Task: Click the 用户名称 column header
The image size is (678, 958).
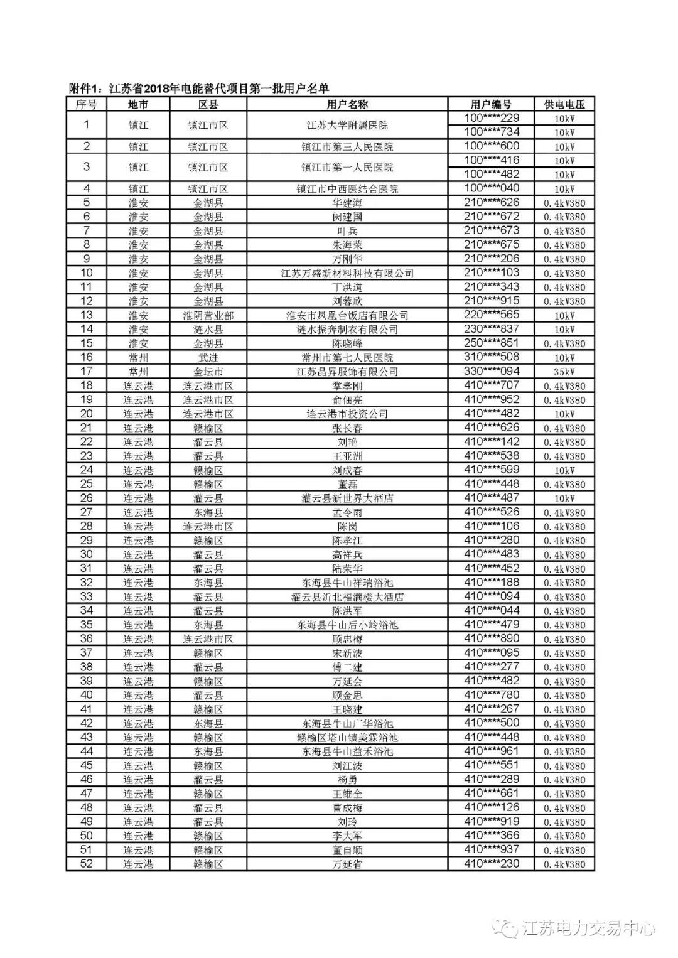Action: pos(347,105)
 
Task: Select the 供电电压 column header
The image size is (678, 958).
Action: pos(564,105)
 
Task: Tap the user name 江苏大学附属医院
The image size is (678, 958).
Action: pos(347,126)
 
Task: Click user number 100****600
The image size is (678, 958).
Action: pos(491,146)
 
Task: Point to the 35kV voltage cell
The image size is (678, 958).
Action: pos(564,372)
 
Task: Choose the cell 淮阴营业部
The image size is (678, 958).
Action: pos(208,315)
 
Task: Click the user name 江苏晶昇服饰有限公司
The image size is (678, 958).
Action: pos(347,372)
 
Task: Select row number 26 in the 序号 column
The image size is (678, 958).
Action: pos(87,498)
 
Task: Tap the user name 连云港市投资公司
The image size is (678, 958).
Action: pos(347,414)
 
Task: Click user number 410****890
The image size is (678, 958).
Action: pos(491,638)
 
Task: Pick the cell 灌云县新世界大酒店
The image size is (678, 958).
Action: pos(347,498)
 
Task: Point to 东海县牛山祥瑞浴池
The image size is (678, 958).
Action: pos(347,583)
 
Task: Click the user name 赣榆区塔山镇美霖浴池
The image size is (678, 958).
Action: pos(347,738)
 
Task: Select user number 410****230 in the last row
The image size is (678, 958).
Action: pos(491,864)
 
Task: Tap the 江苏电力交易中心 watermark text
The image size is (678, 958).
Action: pos(588,928)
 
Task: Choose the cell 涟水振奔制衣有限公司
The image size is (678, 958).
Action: pos(347,330)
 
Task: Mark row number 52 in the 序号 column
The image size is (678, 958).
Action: pos(87,864)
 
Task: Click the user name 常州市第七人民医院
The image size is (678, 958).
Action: pos(347,357)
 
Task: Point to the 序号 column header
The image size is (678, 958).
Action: pos(87,105)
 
